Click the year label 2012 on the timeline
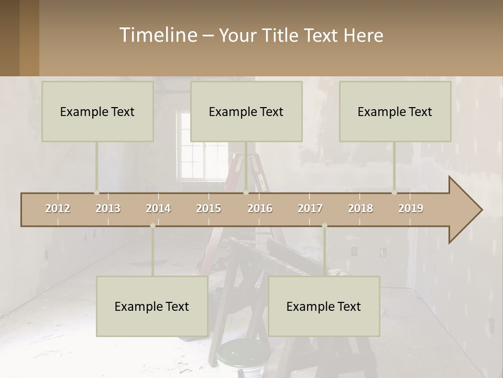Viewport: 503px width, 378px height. click(58, 208)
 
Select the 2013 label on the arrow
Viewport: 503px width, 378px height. click(108, 208)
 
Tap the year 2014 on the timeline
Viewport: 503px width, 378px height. click(158, 208)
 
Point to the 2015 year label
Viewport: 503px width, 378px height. click(209, 208)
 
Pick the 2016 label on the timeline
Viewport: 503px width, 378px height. click(260, 208)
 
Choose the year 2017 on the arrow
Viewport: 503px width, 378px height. click(310, 208)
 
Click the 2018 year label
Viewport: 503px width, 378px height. click(360, 208)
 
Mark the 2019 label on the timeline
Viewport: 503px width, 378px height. click(411, 208)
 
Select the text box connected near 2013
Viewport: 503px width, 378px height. click(97, 111)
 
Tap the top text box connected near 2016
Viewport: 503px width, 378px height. click(246, 111)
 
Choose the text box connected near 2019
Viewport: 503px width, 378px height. click(395, 111)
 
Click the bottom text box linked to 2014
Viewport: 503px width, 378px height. click(152, 306)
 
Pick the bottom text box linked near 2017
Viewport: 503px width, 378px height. click(324, 306)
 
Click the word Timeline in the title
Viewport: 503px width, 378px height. click(158, 35)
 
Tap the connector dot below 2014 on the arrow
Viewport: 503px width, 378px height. click(152, 226)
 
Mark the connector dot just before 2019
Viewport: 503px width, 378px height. click(395, 192)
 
